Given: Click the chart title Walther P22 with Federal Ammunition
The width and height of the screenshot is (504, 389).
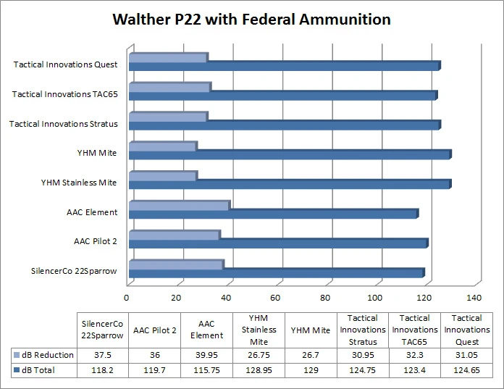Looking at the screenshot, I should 251,20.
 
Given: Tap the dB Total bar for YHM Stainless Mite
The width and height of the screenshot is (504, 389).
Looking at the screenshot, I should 289,184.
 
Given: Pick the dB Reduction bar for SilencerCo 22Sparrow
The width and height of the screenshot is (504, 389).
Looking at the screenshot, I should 175,265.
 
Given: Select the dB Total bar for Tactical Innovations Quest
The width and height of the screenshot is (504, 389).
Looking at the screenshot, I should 284,66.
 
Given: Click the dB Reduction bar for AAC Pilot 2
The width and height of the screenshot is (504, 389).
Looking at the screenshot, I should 173,235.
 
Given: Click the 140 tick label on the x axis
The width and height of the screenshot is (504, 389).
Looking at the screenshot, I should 474,298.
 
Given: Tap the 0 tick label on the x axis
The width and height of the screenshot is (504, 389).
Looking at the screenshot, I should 127,298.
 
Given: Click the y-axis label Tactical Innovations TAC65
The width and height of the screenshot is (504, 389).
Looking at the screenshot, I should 65,94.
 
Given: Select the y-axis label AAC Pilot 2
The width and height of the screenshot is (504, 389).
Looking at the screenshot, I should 96,241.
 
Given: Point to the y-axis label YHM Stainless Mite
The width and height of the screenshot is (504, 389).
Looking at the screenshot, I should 79,183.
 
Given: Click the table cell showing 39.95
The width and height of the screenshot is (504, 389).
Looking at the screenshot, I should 206,355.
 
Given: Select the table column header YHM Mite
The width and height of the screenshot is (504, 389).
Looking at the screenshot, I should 311,331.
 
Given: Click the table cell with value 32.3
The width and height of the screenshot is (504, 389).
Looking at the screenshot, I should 414,355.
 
